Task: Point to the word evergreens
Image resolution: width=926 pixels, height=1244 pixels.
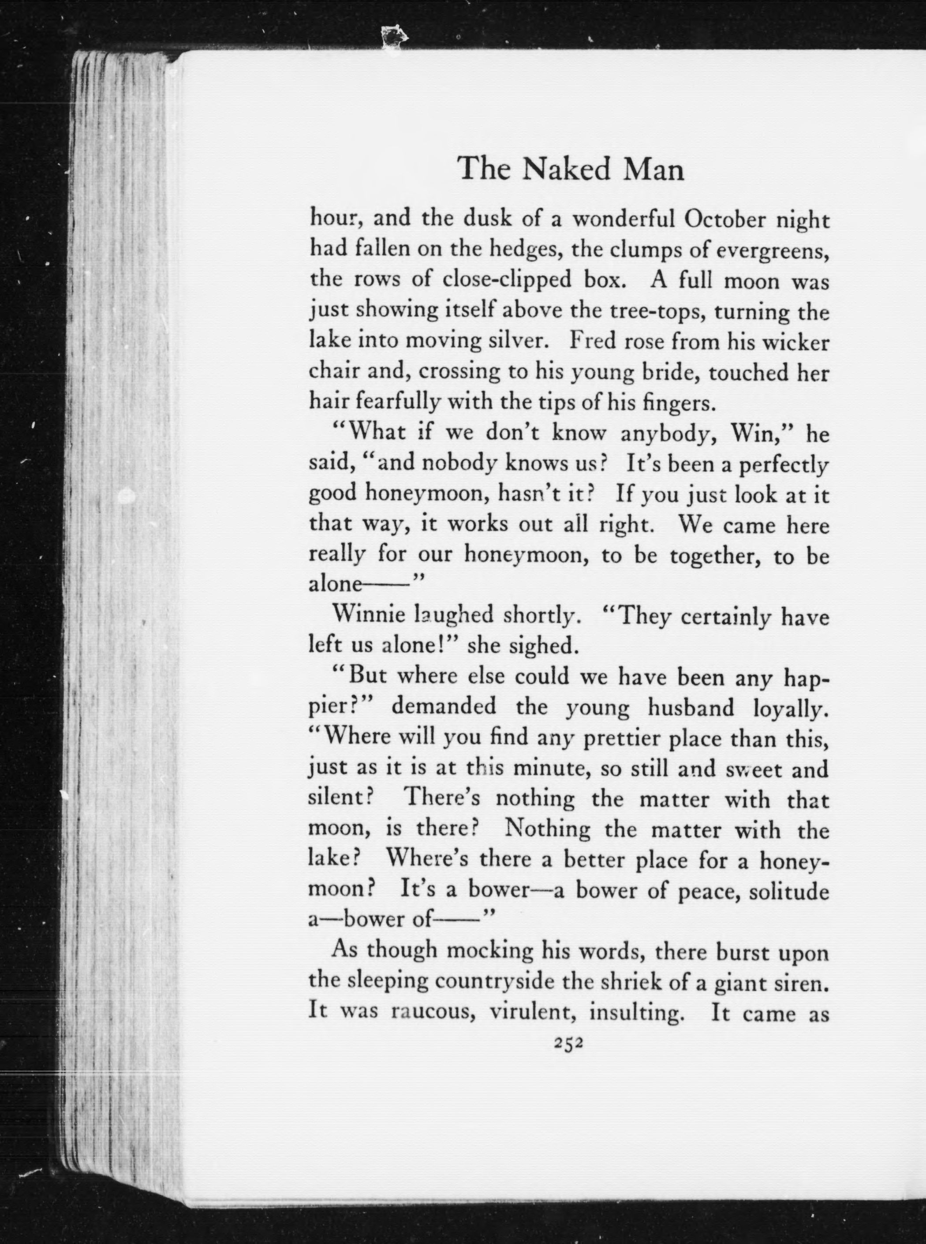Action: point(773,251)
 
